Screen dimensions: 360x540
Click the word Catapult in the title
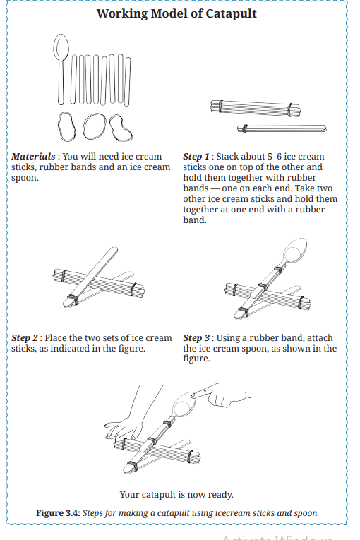pyautogui.click(x=231, y=14)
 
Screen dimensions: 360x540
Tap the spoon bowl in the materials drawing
pyautogui.click(x=61, y=47)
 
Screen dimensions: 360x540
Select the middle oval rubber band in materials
pyautogui.click(x=95, y=126)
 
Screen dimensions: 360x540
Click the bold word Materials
pyautogui.click(x=33, y=156)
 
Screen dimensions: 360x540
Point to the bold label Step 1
pyautogui.click(x=196, y=157)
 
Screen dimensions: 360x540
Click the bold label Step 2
pyautogui.click(x=25, y=338)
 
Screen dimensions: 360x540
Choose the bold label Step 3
pyautogui.click(x=196, y=338)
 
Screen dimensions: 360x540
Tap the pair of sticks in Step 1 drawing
pyautogui.click(x=282, y=128)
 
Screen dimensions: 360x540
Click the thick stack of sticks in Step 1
pyautogui.click(x=256, y=107)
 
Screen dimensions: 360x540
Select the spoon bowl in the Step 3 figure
pyautogui.click(x=295, y=250)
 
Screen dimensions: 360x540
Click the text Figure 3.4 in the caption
pyautogui.click(x=58, y=513)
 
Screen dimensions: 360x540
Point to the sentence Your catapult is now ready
pyautogui.click(x=176, y=495)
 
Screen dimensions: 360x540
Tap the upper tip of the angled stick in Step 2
pyautogui.click(x=114, y=248)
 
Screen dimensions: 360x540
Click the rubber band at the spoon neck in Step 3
pyautogui.click(x=278, y=269)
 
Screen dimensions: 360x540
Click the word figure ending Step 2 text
pyautogui.click(x=132, y=349)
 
